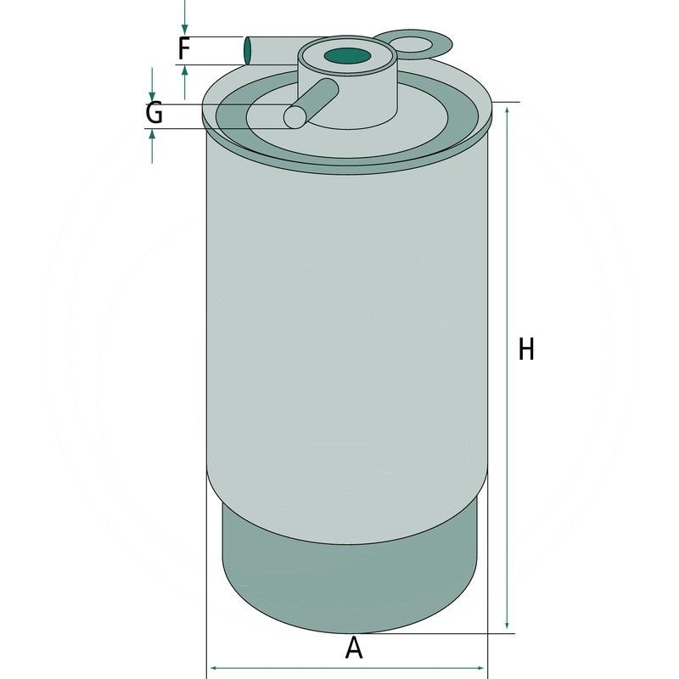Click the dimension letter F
tap(183, 48)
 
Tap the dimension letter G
tap(154, 113)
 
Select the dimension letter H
tap(526, 349)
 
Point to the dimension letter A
tap(354, 648)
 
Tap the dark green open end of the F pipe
tap(248, 50)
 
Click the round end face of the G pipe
tap(295, 117)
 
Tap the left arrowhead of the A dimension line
tap(215, 668)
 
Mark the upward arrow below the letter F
tap(185, 71)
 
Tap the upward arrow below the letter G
tap(152, 136)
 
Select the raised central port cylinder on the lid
tap(348, 93)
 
